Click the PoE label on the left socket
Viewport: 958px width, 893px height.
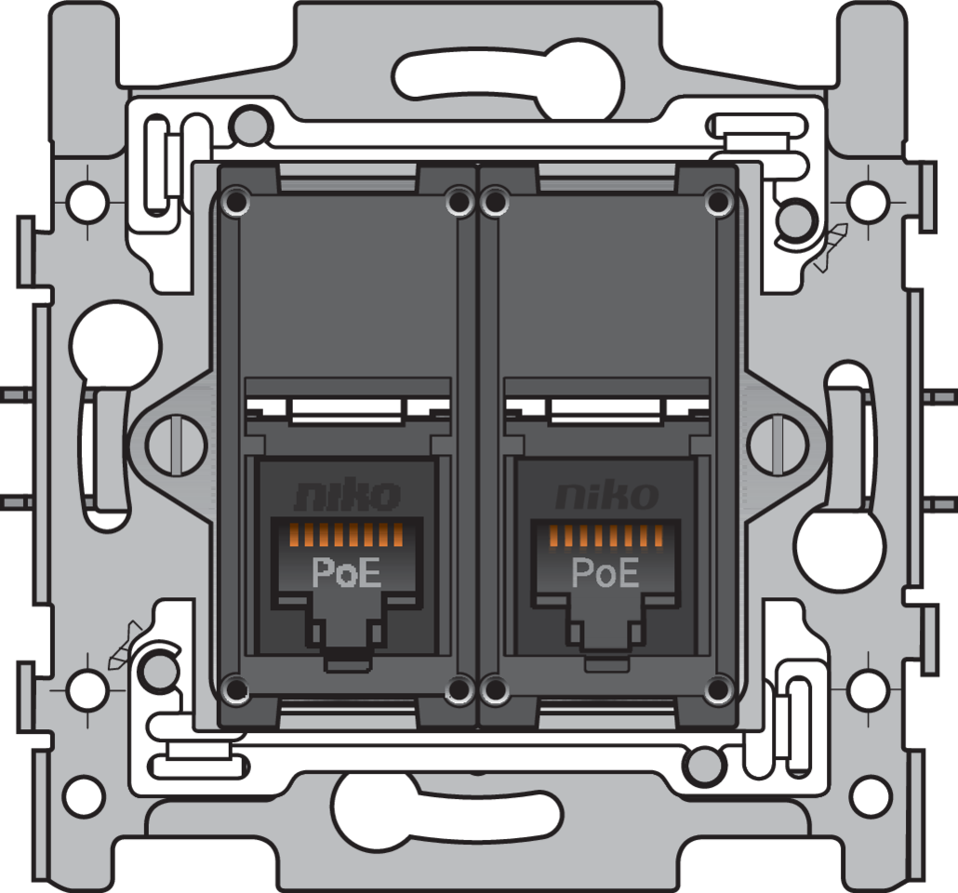click(346, 572)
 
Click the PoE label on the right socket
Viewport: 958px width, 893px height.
click(605, 572)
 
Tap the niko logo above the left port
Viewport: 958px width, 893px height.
click(347, 497)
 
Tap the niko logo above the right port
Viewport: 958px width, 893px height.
click(606, 497)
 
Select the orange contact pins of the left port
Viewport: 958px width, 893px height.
click(346, 535)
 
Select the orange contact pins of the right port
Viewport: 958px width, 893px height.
click(605, 535)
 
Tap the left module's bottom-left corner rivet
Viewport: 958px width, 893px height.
click(237, 689)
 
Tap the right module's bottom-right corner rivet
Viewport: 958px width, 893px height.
click(717, 689)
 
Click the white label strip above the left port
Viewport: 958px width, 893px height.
click(346, 410)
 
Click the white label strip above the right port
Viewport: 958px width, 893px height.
click(605, 410)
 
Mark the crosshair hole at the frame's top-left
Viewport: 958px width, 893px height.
click(86, 197)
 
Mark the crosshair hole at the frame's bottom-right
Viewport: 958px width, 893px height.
click(869, 689)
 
